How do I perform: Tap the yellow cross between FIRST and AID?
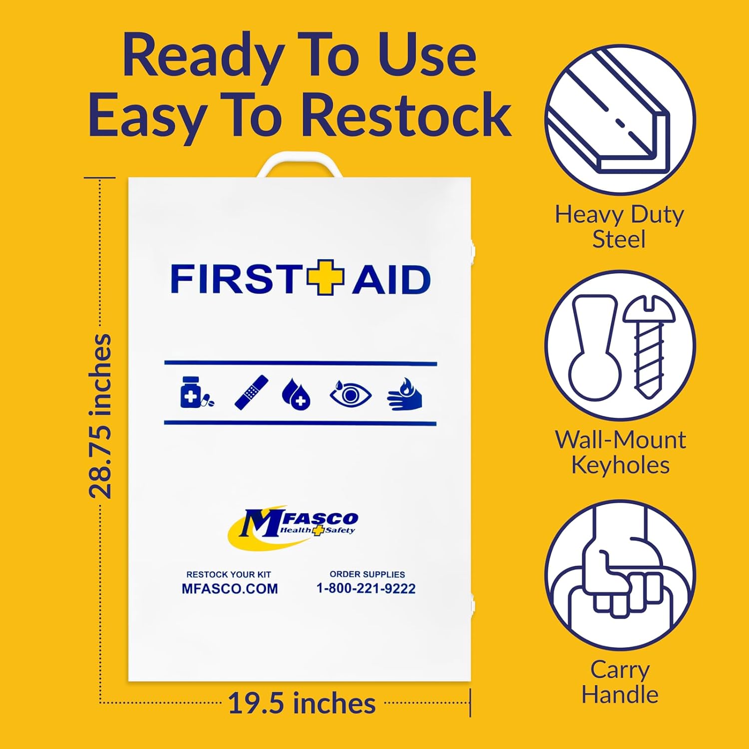tap(326, 278)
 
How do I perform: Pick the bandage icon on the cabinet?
tap(251, 393)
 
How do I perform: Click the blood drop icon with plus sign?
tap(296, 394)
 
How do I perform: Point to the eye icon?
tap(351, 394)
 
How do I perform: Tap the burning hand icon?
tap(405, 394)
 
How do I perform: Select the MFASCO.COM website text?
tap(230, 589)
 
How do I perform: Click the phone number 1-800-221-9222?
tap(366, 589)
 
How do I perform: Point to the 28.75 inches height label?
tap(100, 416)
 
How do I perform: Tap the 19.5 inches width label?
tap(302, 704)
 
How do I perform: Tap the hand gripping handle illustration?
tap(619, 574)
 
